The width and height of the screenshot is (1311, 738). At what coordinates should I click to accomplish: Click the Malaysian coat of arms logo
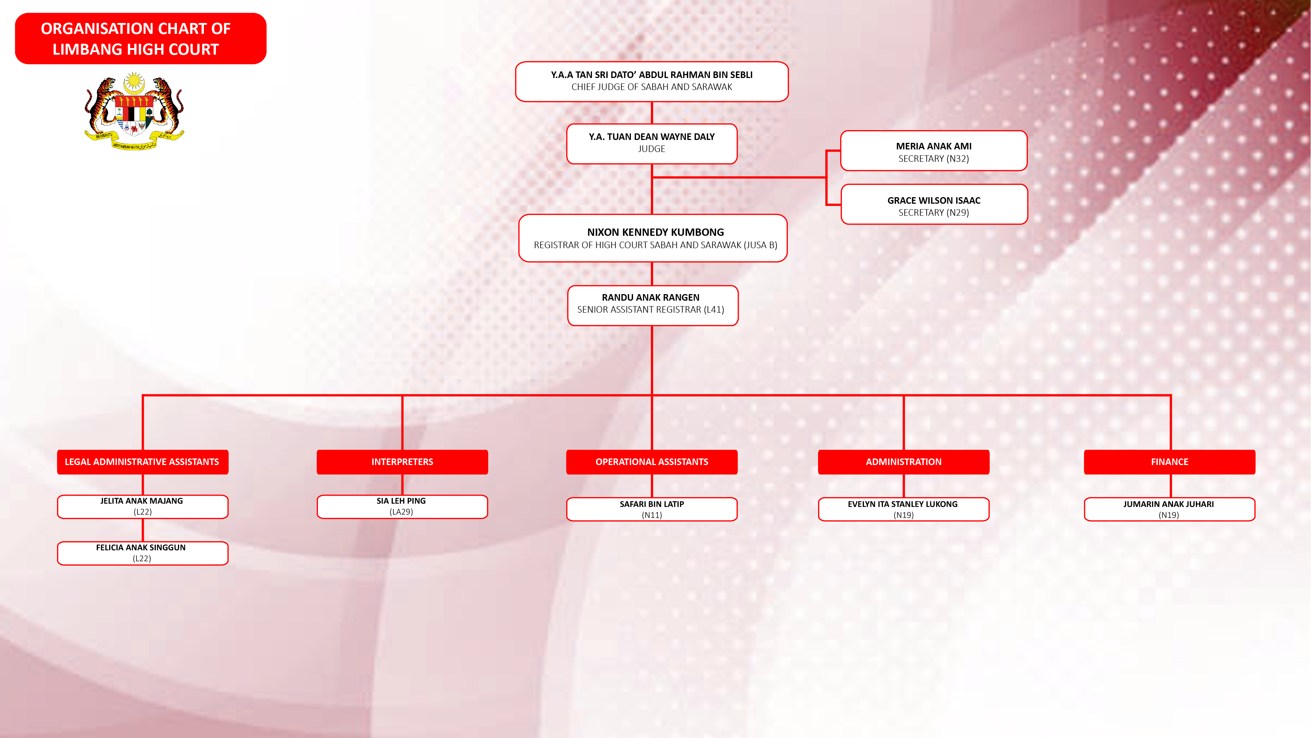tap(134, 111)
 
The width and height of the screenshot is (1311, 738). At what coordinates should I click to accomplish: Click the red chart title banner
tap(141, 39)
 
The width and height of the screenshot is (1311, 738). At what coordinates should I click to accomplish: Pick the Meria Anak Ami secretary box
tap(933, 151)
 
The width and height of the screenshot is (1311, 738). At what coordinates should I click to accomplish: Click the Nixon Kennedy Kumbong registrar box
tap(653, 238)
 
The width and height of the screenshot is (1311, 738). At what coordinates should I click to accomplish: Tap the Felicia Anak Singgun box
tap(142, 553)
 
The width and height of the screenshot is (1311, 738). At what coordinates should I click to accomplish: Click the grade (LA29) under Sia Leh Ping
tap(401, 512)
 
